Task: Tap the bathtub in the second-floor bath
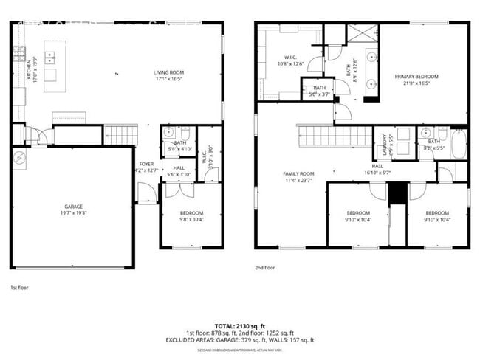459,144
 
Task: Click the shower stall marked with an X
363,33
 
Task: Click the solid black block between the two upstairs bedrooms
397,191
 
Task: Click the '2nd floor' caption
265,269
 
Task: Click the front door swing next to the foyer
146,193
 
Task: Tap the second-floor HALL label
377,170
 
